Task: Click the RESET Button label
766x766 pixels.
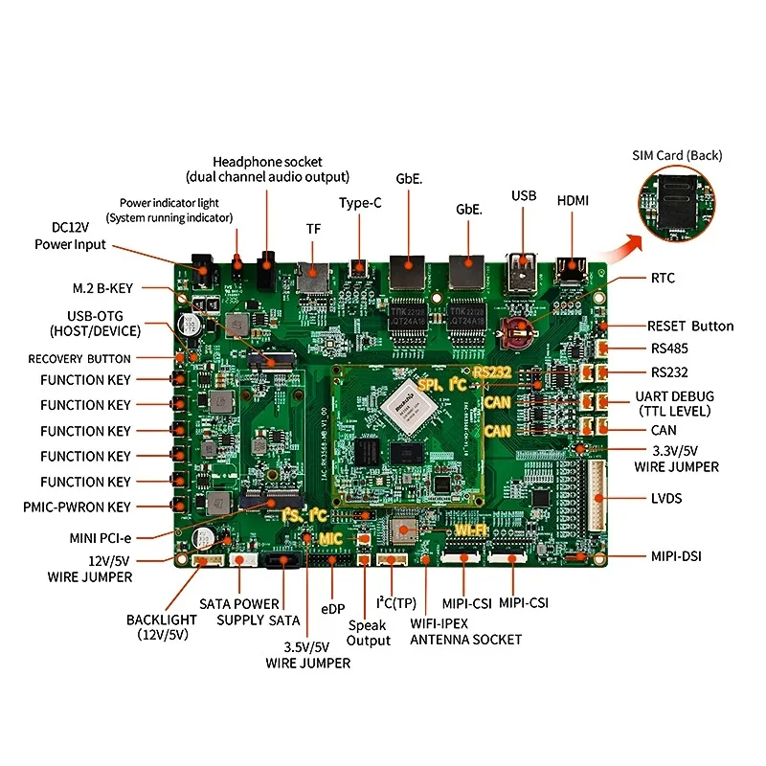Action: pos(689,326)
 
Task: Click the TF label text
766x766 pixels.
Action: pos(313,229)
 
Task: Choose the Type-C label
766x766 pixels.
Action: pos(360,203)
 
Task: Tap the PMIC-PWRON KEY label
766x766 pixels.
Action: pos(78,507)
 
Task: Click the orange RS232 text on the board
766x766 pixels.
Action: pos(493,371)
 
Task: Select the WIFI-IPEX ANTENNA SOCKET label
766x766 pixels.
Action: pos(466,632)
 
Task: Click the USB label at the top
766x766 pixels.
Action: pos(524,195)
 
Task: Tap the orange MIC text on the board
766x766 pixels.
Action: pos(330,539)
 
